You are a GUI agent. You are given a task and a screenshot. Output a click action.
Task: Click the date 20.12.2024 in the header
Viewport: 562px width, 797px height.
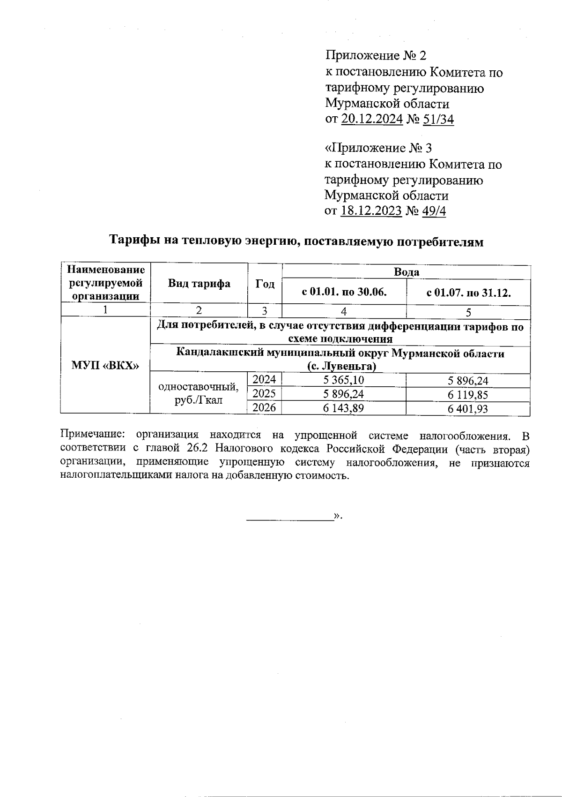[x=372, y=119]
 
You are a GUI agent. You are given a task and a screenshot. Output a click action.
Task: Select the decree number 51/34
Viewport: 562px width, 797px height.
[x=438, y=119]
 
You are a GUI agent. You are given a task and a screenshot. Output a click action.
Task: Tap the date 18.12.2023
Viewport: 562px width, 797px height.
[x=371, y=211]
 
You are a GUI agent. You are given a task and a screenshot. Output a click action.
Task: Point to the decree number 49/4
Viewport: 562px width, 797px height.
[x=434, y=211]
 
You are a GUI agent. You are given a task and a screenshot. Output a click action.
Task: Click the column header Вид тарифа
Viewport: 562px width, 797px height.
[x=199, y=284]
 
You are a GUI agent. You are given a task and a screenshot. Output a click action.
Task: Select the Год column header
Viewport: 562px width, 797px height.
[x=265, y=284]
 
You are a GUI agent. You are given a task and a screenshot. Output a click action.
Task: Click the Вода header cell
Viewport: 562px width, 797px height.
[x=406, y=272]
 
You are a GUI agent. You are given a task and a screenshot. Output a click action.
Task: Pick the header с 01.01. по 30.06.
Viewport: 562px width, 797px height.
[x=344, y=293]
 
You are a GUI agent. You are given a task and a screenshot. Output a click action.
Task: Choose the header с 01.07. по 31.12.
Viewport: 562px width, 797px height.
[x=468, y=293]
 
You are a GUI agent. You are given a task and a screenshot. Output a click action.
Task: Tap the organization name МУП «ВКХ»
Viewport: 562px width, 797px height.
[x=105, y=365]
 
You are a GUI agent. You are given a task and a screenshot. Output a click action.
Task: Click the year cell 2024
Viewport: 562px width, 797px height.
[x=264, y=380]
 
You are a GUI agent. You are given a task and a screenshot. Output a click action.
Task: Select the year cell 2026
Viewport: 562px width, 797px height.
[x=264, y=407]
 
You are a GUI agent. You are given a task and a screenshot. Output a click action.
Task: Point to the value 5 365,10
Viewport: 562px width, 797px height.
[x=344, y=380]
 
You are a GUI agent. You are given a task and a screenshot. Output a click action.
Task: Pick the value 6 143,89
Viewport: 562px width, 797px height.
[x=344, y=408]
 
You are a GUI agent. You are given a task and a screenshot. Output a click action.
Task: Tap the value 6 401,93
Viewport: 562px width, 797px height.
[x=468, y=409]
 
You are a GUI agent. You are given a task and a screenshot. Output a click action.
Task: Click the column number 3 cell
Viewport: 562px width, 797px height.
[x=265, y=311]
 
